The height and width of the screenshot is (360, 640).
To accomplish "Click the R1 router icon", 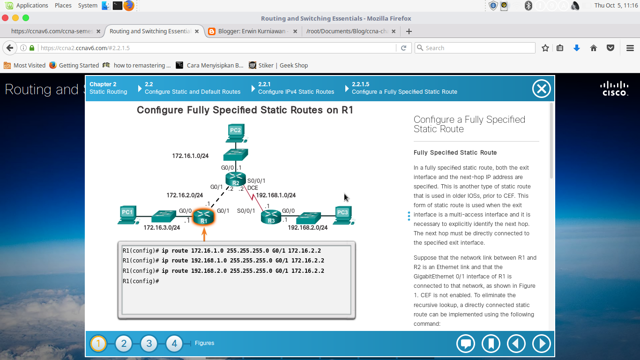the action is (x=203, y=217).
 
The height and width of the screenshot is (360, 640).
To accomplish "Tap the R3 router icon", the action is (x=271, y=217).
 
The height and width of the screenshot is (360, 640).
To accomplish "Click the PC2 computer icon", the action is (x=235, y=133).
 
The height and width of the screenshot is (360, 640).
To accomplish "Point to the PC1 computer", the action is (x=127, y=215).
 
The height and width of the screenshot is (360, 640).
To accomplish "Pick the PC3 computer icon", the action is (x=343, y=215).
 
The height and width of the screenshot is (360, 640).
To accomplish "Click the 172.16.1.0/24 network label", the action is (x=190, y=156).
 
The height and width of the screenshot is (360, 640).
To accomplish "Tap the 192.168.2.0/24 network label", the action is (x=307, y=227).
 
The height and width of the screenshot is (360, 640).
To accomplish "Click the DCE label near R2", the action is (x=253, y=188).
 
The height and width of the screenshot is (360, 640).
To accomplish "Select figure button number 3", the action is (x=149, y=344).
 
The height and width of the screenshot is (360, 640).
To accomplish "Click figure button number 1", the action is (x=98, y=344).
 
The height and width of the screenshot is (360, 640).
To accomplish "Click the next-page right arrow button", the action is (x=541, y=344).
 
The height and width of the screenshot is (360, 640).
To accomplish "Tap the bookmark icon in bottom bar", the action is (x=491, y=344).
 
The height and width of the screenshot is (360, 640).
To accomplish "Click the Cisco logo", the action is (x=615, y=88).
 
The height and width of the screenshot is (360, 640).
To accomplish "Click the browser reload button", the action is (x=403, y=48).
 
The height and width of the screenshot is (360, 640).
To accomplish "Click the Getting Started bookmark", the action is (x=79, y=65).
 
